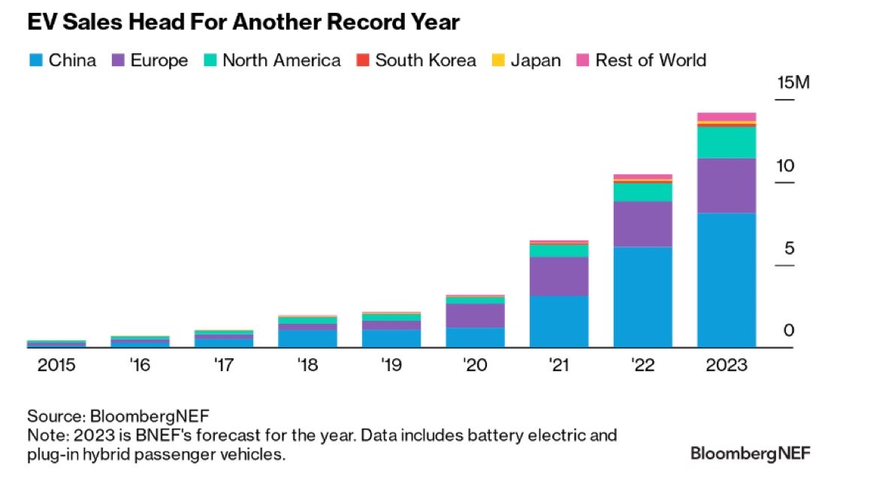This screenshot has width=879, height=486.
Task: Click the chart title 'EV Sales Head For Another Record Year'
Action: [x=243, y=23]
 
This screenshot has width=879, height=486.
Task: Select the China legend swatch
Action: [x=35, y=60]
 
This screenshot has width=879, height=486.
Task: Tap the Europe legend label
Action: [x=159, y=60]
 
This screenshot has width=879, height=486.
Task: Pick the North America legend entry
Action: [x=281, y=60]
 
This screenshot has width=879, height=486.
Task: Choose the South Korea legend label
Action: [x=425, y=60]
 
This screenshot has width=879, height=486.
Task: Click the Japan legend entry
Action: [x=535, y=60]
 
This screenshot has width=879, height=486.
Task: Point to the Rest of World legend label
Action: [x=651, y=60]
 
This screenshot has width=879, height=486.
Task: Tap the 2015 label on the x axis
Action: [x=56, y=366]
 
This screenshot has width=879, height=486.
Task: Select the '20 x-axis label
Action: [x=475, y=366]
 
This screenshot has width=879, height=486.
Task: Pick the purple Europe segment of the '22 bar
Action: [x=642, y=224]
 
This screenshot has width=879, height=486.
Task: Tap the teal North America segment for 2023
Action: [x=726, y=142]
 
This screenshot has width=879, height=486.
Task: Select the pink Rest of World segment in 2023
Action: [x=726, y=116]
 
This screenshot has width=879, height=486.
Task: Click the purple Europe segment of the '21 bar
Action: [x=559, y=276]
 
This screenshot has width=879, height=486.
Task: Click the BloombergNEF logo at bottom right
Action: [x=751, y=453]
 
